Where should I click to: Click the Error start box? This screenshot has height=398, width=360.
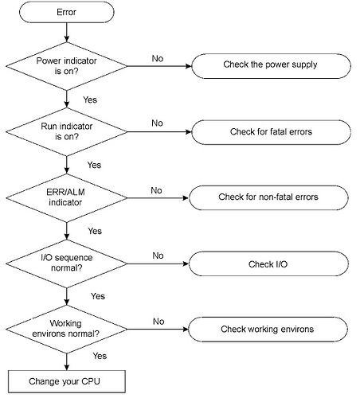click(67, 12)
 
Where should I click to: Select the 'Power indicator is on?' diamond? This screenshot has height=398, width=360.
click(67, 66)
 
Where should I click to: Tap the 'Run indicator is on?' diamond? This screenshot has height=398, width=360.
click(67, 131)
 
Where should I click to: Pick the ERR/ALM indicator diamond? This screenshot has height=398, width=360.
click(67, 197)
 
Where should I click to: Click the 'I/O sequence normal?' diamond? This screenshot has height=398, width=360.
click(67, 263)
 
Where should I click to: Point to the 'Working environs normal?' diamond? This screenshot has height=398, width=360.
click(67, 329)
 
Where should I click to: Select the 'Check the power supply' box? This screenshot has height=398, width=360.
click(271, 66)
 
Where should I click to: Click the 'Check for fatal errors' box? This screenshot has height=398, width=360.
click(271, 132)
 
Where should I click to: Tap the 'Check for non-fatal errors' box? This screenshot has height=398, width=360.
click(268, 197)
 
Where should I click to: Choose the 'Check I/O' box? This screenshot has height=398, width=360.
click(268, 263)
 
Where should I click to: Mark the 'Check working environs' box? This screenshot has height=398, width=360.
click(268, 329)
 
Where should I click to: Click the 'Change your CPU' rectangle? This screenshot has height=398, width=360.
click(67, 381)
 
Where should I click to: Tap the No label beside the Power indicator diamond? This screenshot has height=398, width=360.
click(158, 58)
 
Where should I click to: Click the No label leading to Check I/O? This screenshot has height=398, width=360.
click(158, 256)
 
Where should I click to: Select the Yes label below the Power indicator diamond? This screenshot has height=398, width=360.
click(90, 99)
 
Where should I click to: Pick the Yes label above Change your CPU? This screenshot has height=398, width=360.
click(100, 356)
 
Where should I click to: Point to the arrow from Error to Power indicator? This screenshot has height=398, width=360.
click(67, 33)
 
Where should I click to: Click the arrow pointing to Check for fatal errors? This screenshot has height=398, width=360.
click(159, 131)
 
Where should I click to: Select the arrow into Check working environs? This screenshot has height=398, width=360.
click(158, 329)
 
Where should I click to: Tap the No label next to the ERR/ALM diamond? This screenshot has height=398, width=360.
click(156, 190)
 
